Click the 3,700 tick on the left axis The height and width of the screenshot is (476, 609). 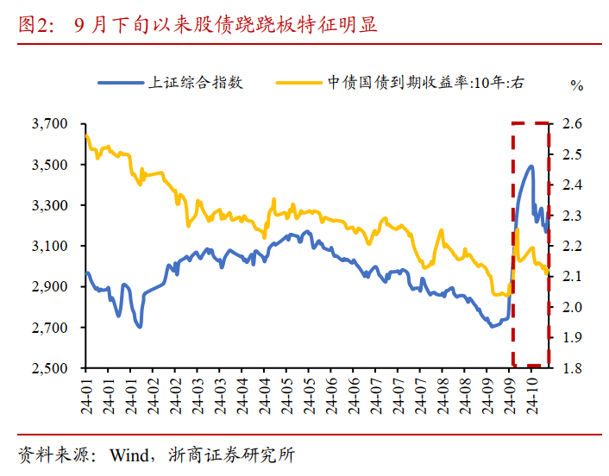[49, 124]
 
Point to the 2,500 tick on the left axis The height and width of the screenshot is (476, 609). [49, 368]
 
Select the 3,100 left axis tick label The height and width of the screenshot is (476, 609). [49, 247]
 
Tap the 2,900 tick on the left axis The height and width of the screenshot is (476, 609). [49, 287]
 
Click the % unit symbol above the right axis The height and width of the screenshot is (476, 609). [576, 85]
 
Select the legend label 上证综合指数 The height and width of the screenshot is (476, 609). [197, 83]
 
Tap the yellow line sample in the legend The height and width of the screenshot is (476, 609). [298, 83]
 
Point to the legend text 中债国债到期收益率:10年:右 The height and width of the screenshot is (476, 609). [424, 83]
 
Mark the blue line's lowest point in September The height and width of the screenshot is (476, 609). [492, 326]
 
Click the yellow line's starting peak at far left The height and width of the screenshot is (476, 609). [86, 135]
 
